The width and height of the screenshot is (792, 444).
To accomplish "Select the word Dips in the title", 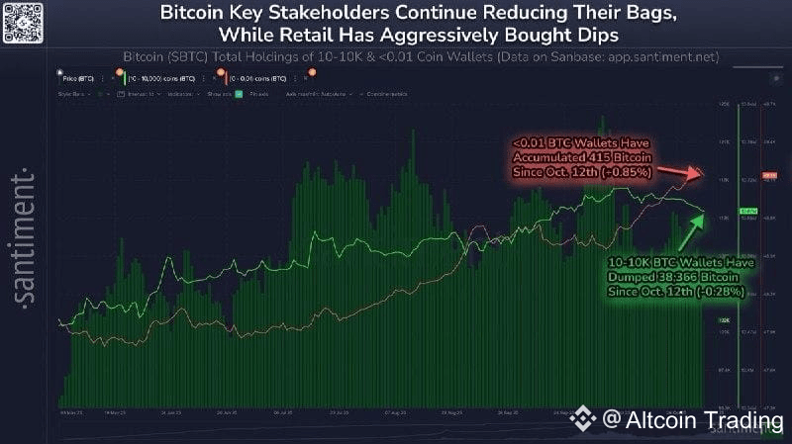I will tap(599, 35).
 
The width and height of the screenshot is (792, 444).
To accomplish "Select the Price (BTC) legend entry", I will tap(84, 75).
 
